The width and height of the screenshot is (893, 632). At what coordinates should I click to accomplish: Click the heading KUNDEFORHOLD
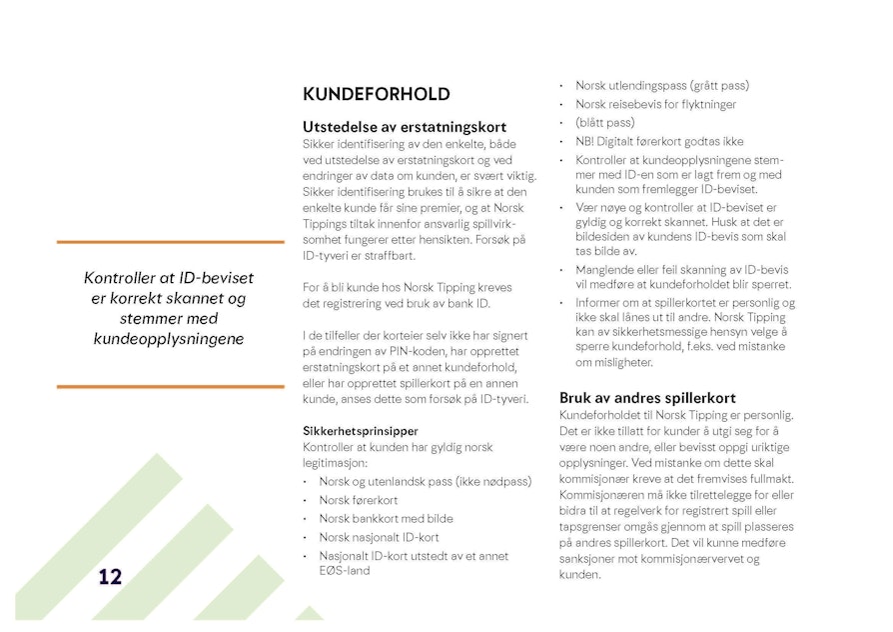(x=376, y=94)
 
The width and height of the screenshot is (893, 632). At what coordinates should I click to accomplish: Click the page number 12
(x=110, y=576)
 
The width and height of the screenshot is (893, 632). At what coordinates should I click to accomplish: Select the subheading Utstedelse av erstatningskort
(x=404, y=127)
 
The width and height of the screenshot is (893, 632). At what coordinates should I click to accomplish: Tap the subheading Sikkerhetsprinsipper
(x=361, y=431)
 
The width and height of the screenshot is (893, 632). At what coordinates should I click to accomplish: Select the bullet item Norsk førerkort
(x=358, y=500)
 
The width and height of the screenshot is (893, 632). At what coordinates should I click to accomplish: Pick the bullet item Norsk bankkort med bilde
(x=386, y=518)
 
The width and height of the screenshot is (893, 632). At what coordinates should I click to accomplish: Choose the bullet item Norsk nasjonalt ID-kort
(x=379, y=537)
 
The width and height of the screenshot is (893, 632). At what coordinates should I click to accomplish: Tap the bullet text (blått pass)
(x=604, y=122)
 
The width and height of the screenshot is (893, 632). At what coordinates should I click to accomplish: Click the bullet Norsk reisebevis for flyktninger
(x=655, y=104)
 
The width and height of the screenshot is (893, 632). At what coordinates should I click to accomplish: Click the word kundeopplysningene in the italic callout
(x=168, y=339)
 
